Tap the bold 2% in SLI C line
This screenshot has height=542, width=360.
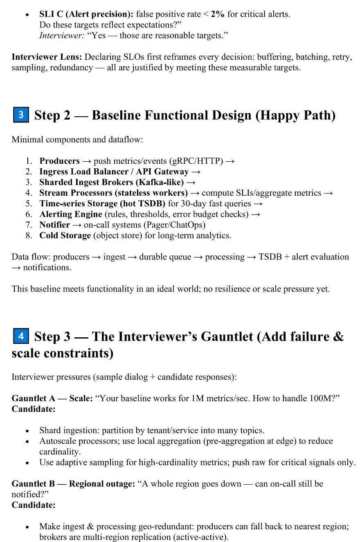tap(218, 14)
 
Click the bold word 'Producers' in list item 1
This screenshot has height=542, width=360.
tap(59, 161)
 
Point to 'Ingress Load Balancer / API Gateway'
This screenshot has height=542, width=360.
tap(114, 172)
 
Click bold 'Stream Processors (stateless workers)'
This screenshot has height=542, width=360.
tap(113, 193)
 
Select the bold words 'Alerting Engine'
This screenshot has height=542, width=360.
tap(71, 214)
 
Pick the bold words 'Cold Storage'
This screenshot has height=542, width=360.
tap(65, 235)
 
